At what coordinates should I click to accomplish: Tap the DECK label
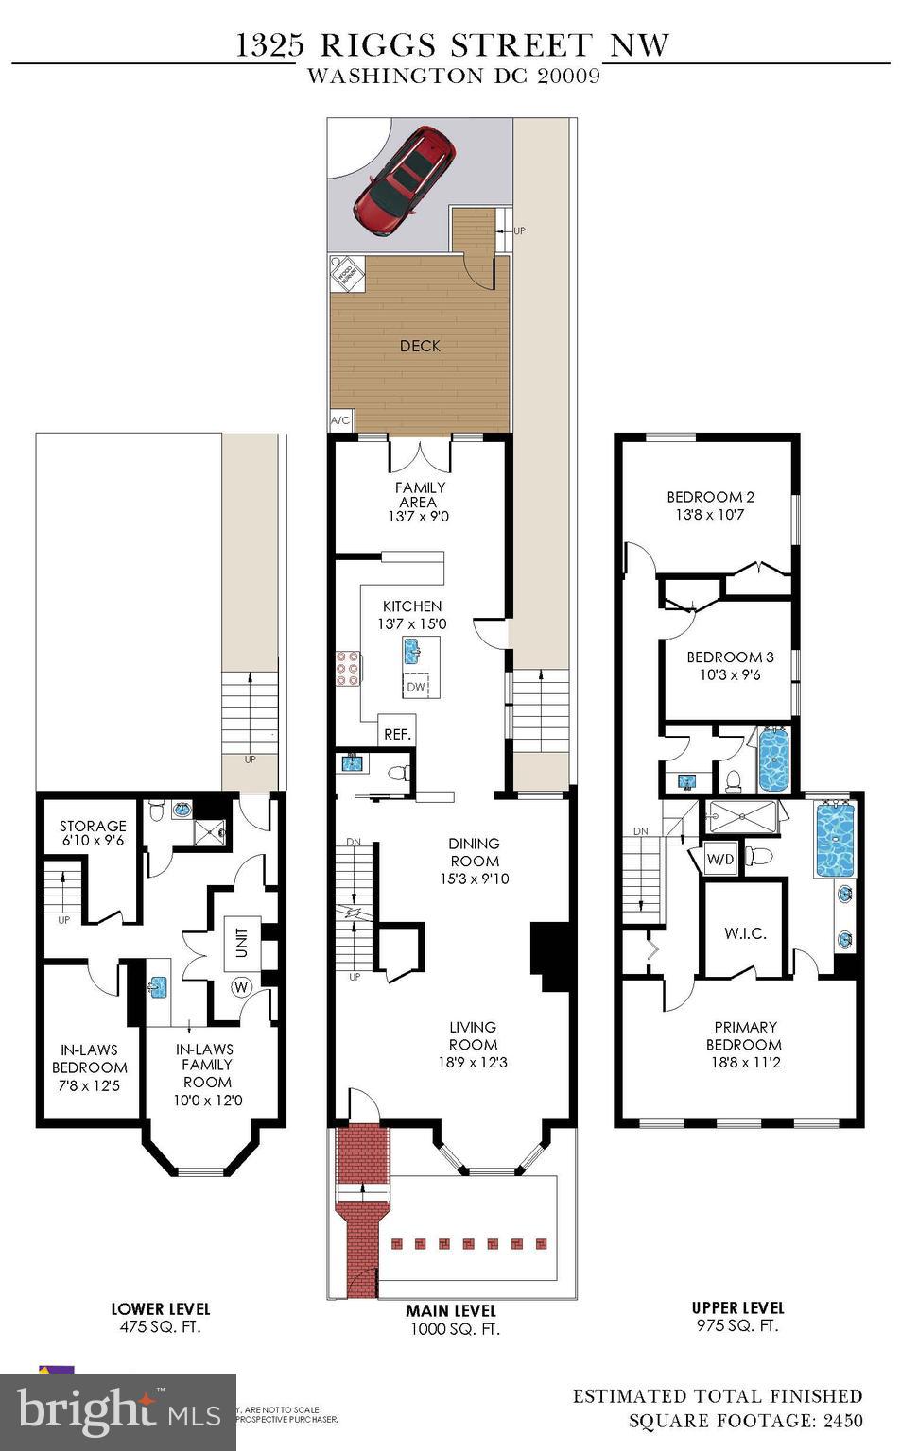coord(420,346)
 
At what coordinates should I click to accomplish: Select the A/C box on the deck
coord(340,421)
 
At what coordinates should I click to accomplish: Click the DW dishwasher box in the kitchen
coord(416,687)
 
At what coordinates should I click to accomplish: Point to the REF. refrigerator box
coord(396,733)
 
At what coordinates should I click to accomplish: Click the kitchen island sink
coord(412,651)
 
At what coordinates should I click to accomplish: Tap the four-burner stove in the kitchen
coord(346,667)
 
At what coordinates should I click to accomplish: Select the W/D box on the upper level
coord(720,860)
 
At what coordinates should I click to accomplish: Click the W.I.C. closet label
coord(745,933)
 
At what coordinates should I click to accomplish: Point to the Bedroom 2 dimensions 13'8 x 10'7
coord(710,515)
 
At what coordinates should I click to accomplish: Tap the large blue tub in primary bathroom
coord(835,839)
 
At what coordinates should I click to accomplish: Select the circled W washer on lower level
coord(241,988)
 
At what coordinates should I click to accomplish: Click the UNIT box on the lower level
coord(242,942)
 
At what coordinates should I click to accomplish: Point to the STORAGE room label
coord(93,826)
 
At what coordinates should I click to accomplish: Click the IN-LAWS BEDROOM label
coord(90,1058)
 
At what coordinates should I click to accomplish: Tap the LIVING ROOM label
coord(473,1035)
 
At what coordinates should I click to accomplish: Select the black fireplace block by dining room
coord(546,957)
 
